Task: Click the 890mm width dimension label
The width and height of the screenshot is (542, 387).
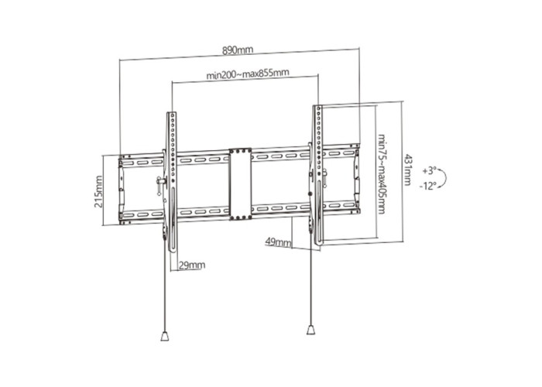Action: point(238,50)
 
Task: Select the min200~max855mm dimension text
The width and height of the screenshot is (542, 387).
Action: point(248,74)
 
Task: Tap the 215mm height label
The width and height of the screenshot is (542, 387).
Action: point(98,192)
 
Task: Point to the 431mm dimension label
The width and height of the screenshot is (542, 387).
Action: point(408,170)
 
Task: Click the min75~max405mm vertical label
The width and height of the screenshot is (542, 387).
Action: point(381,174)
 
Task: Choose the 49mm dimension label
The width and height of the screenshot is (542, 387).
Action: point(278,241)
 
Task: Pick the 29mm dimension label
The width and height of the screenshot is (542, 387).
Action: point(192,265)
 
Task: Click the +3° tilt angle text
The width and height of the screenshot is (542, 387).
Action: point(429,171)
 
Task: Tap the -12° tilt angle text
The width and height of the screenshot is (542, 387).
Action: point(428,187)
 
